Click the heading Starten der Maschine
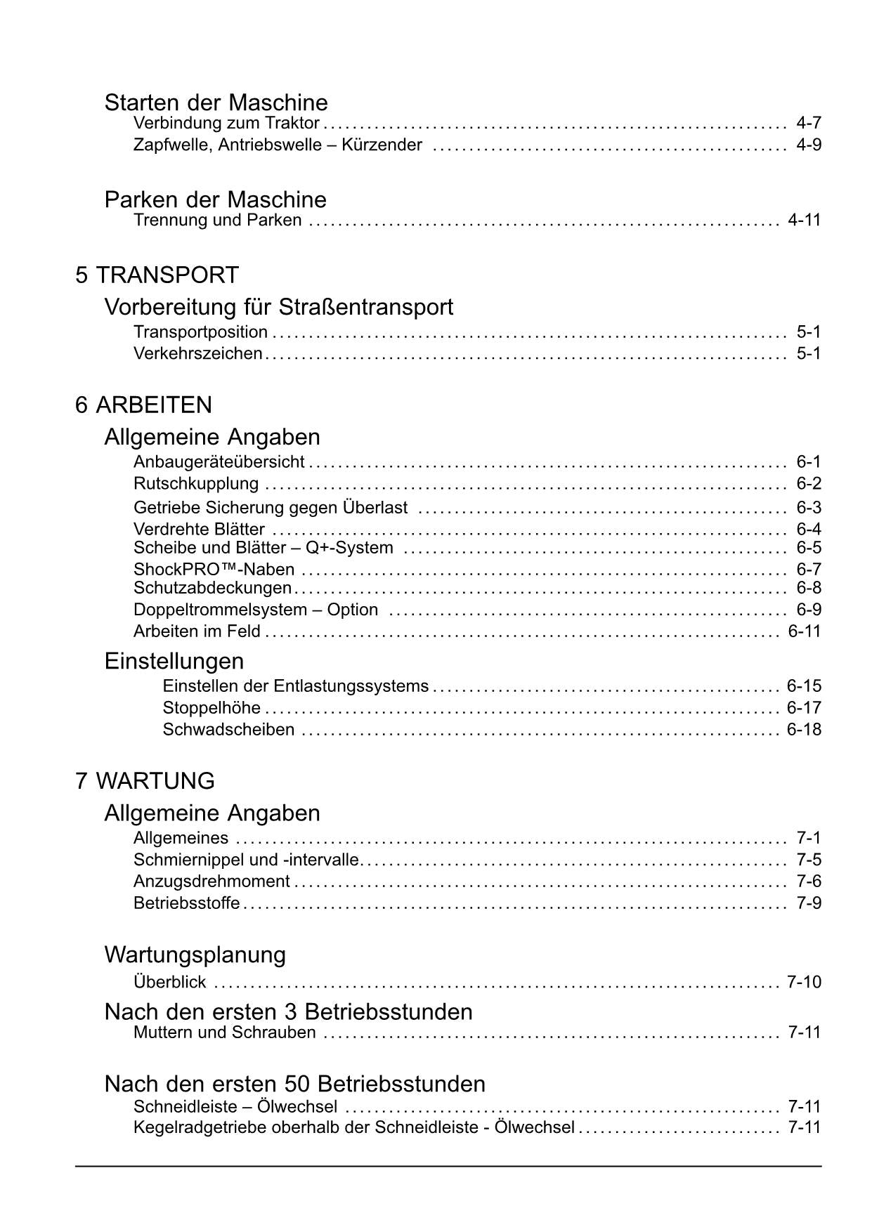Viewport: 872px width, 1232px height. (216, 103)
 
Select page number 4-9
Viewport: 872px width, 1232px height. (808, 145)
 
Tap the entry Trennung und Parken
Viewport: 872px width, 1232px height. (217, 221)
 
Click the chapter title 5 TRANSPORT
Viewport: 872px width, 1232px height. (157, 275)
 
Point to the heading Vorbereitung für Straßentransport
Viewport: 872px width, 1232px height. (278, 307)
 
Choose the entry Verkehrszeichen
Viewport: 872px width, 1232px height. (197, 353)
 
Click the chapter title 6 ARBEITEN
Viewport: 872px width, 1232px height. (143, 405)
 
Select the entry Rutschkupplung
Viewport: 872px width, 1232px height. (195, 484)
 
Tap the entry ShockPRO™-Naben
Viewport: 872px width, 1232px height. (214, 570)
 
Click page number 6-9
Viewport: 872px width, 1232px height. (808, 610)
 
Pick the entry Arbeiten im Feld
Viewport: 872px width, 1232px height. (197, 631)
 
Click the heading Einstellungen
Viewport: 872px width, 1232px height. (174, 661)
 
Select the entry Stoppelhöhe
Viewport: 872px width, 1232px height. (212, 708)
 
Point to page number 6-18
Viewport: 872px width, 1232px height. (804, 730)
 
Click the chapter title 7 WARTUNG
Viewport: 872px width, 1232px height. (145, 781)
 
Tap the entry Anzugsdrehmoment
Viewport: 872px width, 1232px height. (212, 882)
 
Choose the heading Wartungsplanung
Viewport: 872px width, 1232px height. (195, 955)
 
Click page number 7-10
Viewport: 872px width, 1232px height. (804, 982)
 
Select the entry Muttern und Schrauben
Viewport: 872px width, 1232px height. (224, 1033)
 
